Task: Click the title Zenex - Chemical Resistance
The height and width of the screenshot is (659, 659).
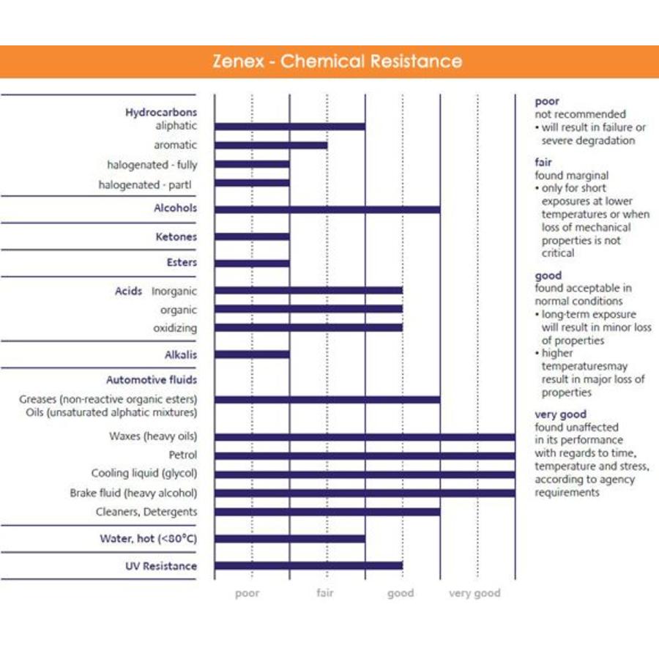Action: [x=337, y=61]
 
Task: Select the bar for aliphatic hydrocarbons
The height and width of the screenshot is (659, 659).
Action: [x=289, y=127]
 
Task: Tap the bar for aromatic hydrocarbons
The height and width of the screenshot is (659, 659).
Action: [x=270, y=145]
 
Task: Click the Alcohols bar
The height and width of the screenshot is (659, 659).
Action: [x=327, y=209]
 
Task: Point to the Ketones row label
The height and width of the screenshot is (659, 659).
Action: [x=176, y=237]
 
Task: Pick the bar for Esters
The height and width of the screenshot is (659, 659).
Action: [x=252, y=263]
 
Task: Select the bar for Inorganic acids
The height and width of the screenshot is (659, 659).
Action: [x=308, y=291]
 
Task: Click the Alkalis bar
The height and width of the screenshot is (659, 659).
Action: [x=252, y=354]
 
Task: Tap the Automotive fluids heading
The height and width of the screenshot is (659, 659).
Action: [x=152, y=380]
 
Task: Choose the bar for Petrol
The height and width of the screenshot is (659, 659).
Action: [x=364, y=455]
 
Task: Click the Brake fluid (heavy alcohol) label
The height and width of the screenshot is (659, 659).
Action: [x=133, y=493]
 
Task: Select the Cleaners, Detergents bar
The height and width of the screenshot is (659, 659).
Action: [x=327, y=512]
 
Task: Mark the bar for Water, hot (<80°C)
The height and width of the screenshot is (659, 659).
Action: [x=289, y=539]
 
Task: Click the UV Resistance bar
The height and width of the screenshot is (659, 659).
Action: [x=308, y=565]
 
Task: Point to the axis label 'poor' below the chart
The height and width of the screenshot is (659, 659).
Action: [x=247, y=593]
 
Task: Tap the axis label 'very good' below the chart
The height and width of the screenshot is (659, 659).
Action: [x=474, y=593]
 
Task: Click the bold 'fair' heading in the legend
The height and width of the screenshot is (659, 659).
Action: [x=543, y=163]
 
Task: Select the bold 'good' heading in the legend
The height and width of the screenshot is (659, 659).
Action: [x=548, y=275]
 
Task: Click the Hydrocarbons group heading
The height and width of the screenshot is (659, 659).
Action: [x=161, y=112]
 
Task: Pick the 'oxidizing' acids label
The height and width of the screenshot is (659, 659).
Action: [x=175, y=328]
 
